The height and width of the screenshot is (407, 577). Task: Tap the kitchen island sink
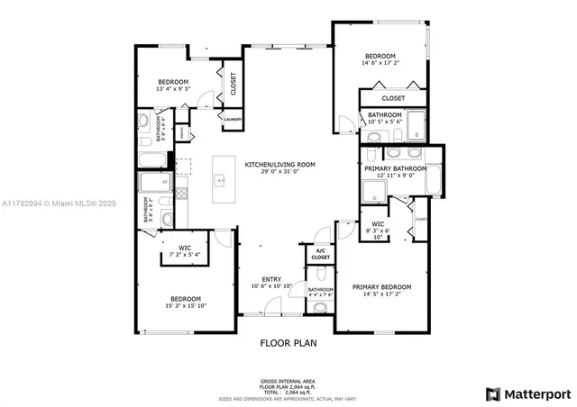click(220, 180)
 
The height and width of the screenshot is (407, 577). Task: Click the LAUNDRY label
click(232, 118)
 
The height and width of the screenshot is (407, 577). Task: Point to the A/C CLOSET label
click(321, 255)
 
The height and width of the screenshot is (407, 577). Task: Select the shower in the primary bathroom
click(373, 192)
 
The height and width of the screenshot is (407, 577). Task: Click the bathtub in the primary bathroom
click(432, 180)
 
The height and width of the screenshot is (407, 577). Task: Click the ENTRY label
click(271, 279)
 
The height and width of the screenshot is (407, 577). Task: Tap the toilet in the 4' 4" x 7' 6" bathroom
click(321, 307)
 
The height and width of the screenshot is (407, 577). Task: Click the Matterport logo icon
click(492, 393)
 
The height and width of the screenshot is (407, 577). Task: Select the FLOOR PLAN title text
click(288, 343)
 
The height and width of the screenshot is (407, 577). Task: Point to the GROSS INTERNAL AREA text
click(288, 381)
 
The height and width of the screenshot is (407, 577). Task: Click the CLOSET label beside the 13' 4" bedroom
click(234, 84)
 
